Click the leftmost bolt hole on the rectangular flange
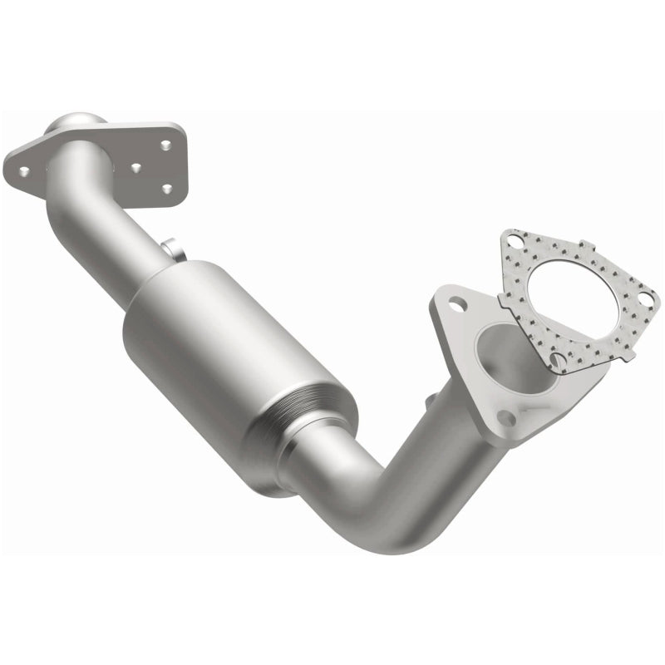point(24,171)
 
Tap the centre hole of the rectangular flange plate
point(135,166)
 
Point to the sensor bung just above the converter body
point(170,248)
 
